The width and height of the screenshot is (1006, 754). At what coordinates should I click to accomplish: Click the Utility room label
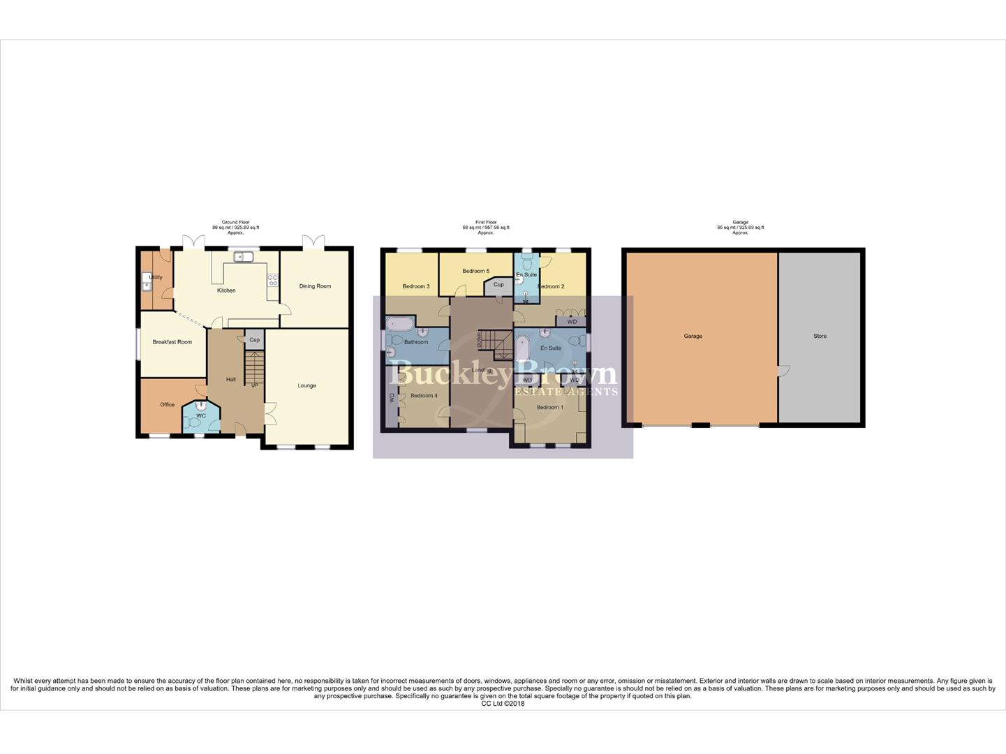[x=156, y=277]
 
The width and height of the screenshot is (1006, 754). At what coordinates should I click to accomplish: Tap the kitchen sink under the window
[x=243, y=257]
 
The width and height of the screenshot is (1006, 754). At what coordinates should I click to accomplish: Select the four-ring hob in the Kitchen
[x=273, y=280]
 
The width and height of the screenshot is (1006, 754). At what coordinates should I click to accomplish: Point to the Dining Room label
[x=315, y=286]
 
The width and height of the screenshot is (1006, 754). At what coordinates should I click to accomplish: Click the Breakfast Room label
[x=172, y=342]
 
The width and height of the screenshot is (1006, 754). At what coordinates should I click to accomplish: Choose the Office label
[x=167, y=405]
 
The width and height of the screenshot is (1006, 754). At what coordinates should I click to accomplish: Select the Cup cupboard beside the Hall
[x=254, y=340]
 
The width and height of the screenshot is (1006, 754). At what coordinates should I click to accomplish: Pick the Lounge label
[x=307, y=385]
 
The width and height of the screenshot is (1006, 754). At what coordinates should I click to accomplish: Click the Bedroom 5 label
[x=476, y=271]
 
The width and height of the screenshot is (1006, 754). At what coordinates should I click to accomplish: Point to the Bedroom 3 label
[x=416, y=286]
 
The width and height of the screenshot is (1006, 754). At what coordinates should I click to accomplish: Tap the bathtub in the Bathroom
[x=400, y=323]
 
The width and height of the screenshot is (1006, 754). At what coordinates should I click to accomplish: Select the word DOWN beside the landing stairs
[x=478, y=340]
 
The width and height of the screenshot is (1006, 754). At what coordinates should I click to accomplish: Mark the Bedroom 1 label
[x=549, y=407]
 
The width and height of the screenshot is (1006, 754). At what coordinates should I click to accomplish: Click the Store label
[x=820, y=337]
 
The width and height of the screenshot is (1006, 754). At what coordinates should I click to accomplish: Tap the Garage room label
[x=693, y=337]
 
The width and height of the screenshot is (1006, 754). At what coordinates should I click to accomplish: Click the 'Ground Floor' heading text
[x=236, y=222]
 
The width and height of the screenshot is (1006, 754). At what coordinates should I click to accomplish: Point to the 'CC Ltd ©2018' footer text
[x=503, y=704]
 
